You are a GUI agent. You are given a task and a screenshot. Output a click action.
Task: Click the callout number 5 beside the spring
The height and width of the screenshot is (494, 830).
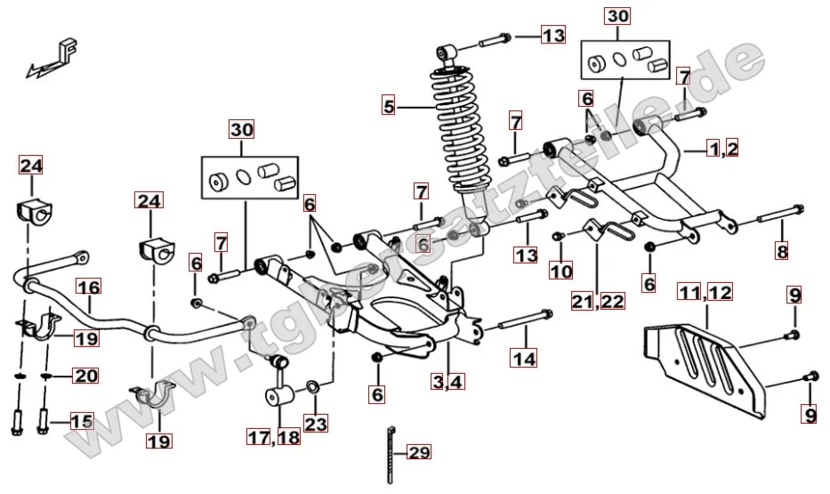pos(387,105)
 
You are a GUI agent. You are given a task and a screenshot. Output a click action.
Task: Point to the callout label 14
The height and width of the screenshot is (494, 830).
pos(524,359)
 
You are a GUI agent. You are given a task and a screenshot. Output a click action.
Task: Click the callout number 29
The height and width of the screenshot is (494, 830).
pos(419,453)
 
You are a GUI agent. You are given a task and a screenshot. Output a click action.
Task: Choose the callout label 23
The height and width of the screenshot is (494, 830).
pos(315,425)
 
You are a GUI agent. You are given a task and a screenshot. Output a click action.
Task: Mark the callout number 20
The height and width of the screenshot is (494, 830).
pos(85,377)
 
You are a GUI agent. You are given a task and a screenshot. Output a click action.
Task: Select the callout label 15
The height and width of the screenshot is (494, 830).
pos(81,421)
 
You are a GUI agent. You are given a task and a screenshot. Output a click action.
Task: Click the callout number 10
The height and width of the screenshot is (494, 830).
pos(560,270)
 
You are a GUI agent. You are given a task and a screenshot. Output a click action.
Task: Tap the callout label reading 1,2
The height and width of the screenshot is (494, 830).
pos(722,149)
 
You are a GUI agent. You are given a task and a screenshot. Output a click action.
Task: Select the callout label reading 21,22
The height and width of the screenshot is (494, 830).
pos(599,301)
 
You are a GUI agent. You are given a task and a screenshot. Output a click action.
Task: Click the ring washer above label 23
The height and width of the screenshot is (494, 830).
pos(314,386)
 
